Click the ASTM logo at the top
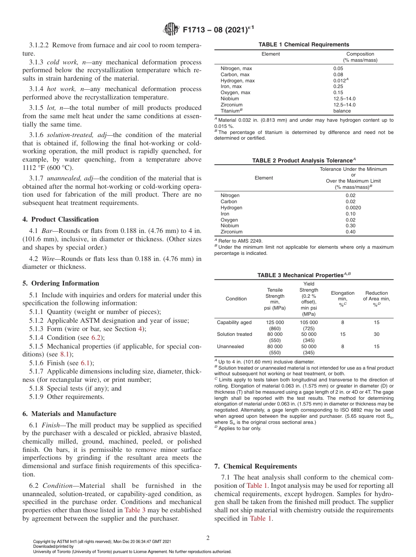click(x=171, y=29)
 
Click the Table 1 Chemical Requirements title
click(x=303, y=45)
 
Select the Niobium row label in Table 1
click(x=229, y=99)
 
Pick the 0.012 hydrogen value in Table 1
click(x=339, y=81)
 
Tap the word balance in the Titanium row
click(x=342, y=111)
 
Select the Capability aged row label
click(x=234, y=322)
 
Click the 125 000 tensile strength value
click(x=275, y=322)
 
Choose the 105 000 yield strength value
click(x=309, y=322)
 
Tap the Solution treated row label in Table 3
click(x=234, y=334)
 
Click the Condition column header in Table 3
click(x=236, y=299)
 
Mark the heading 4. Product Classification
click(x=60, y=219)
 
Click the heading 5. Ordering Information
click(x=60, y=283)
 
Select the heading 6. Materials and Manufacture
click(x=69, y=414)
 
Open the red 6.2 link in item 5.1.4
click(x=95, y=338)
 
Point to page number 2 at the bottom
click(x=208, y=538)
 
